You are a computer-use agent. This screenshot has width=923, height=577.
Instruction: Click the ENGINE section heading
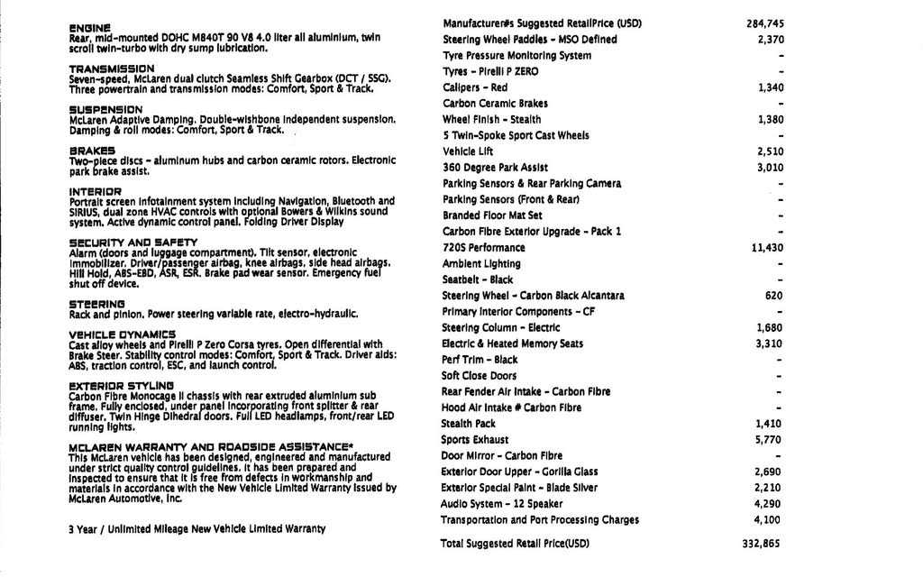tap(90, 28)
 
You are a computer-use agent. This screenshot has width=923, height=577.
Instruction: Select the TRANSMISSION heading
tap(112, 69)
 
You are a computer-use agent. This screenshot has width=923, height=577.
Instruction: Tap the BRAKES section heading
tap(92, 151)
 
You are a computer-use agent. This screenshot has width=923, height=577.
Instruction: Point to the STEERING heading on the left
tap(96, 305)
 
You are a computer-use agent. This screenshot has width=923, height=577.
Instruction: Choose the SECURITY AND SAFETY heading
tap(133, 243)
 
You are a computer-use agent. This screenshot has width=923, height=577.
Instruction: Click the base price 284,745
tap(765, 23)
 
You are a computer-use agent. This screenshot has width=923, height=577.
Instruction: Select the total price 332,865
tap(762, 544)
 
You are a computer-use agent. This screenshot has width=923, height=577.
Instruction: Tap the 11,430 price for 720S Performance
tap(767, 248)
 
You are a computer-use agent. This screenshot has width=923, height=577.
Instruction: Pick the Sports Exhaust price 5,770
tap(769, 440)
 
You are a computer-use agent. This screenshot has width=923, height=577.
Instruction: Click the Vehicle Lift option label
tap(469, 151)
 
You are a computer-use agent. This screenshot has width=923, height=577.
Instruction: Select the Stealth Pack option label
tap(468, 424)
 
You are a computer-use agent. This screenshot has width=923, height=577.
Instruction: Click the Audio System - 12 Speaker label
tap(501, 504)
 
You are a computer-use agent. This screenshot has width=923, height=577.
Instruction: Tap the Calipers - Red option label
tap(475, 87)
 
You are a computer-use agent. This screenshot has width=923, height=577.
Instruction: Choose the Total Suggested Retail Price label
tap(515, 544)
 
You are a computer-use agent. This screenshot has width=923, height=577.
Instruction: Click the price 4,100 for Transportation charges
tap(769, 520)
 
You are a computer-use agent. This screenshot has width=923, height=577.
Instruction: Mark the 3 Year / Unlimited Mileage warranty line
tap(196, 529)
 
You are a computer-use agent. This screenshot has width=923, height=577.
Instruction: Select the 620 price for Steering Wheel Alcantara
tap(773, 296)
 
